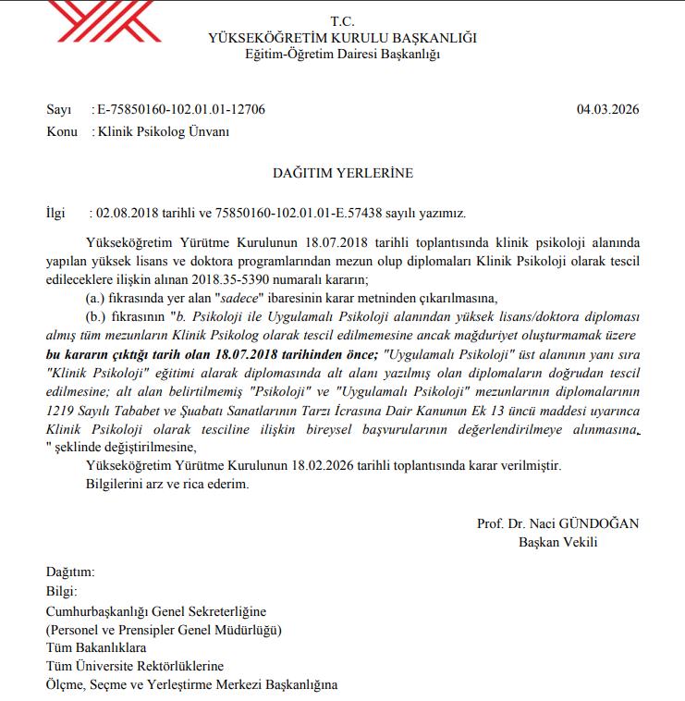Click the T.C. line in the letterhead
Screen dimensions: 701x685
343,21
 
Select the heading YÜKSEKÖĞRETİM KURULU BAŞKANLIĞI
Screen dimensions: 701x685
343,38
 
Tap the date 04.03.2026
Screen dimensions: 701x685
607,109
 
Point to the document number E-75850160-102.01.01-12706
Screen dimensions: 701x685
180,109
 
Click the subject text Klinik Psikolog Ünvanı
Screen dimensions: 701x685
163,131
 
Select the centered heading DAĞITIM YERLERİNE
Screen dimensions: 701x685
342,173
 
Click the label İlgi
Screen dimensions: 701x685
56,212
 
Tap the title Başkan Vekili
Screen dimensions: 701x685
558,542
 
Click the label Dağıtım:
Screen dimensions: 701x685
69,573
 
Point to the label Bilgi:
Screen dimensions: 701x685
62,592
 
